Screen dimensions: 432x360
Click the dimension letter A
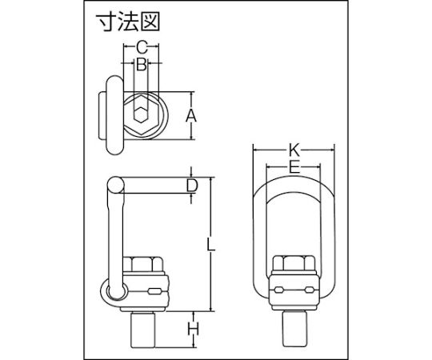(x=191, y=116)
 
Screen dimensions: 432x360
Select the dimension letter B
(x=142, y=64)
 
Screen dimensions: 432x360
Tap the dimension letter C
(x=142, y=47)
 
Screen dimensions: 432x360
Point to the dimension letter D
(x=192, y=186)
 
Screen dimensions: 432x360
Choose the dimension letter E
(x=294, y=167)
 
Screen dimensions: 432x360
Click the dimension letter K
(x=294, y=150)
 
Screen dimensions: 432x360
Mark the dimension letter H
(x=193, y=329)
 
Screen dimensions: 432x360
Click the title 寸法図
(x=128, y=22)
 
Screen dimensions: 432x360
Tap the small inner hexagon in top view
(x=141, y=114)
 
